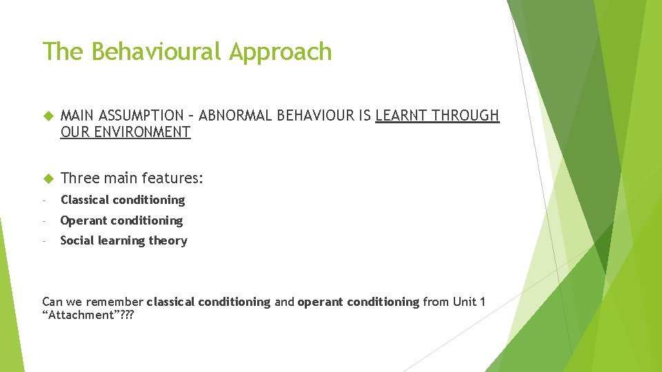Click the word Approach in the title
[x=281, y=52]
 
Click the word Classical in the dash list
[x=84, y=200]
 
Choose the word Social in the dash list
[x=77, y=240]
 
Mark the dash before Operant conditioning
[x=44, y=220]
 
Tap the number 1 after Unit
[x=483, y=302]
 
